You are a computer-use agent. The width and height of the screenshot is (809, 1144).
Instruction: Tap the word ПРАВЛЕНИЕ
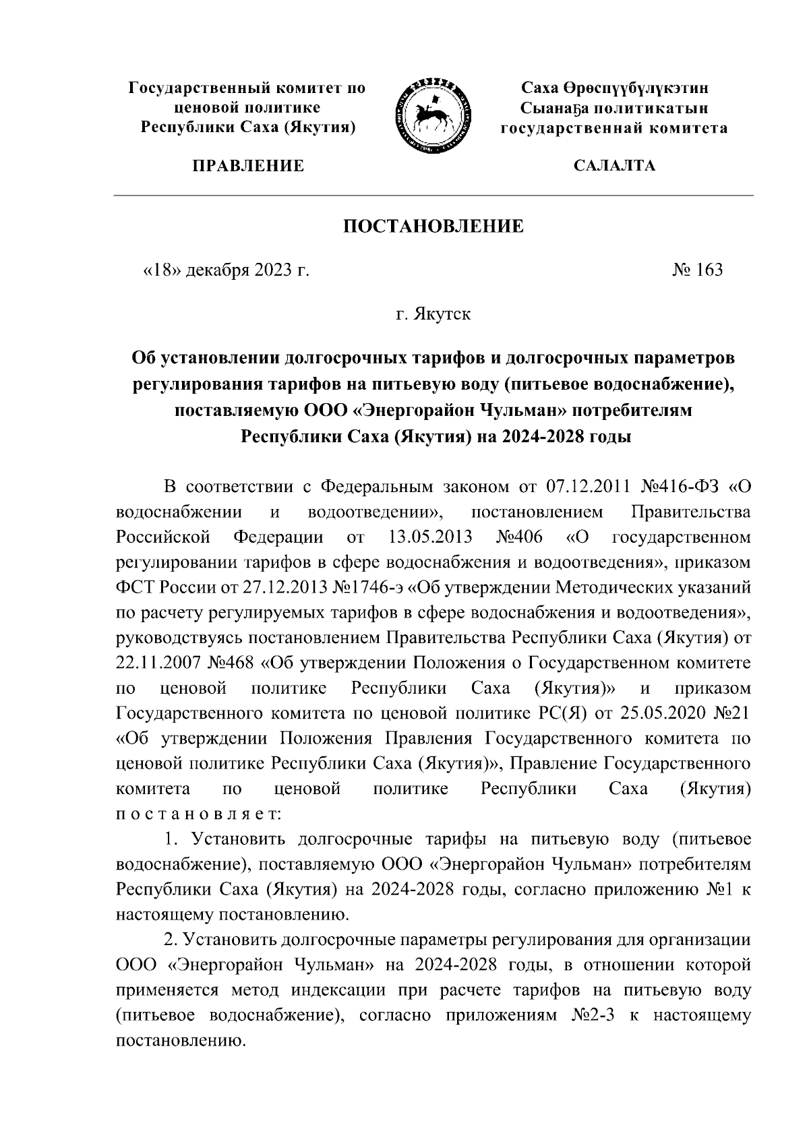click(248, 165)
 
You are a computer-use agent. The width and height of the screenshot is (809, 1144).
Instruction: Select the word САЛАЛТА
click(613, 165)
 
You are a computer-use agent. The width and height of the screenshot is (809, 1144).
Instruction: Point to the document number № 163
click(697, 270)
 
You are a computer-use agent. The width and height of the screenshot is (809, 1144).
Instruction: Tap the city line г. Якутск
click(433, 314)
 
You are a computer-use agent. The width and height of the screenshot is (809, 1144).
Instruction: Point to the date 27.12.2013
click(285, 587)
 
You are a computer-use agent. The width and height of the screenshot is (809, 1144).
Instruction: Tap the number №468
click(229, 663)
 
